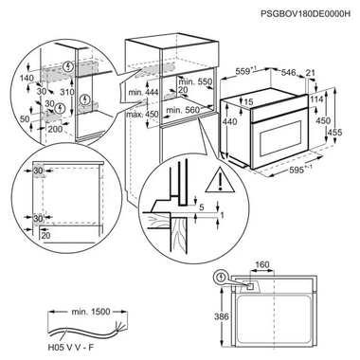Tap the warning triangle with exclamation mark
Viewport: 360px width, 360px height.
(x=220, y=179)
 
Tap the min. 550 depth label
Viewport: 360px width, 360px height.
(x=195, y=83)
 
